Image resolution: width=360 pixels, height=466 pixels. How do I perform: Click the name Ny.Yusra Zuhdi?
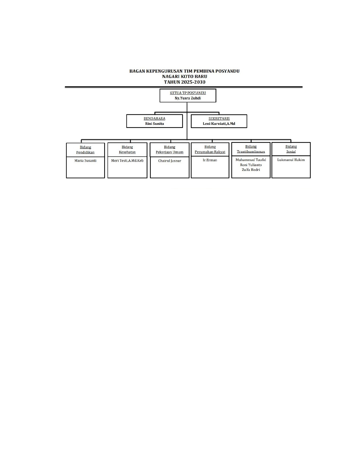coord(187,98)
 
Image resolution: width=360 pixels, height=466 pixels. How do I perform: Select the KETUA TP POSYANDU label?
coord(188,93)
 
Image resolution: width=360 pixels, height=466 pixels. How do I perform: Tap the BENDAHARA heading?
coord(154,119)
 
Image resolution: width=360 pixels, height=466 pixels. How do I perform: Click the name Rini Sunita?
coord(154,123)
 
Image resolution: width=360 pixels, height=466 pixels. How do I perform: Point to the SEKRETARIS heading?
coord(219,119)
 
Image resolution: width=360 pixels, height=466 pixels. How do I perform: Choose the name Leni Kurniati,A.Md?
coord(219,123)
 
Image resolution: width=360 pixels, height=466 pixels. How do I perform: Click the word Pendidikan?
coord(85,152)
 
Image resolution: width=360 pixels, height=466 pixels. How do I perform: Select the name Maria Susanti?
coord(85,160)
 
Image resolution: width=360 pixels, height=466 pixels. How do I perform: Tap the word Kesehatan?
coord(127,152)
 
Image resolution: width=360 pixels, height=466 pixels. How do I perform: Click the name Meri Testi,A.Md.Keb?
coord(127,160)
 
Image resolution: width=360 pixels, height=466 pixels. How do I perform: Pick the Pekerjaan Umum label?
coord(170,152)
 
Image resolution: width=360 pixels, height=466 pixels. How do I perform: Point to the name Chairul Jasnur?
coord(170,161)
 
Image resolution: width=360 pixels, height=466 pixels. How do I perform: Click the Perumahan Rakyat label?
coord(210,152)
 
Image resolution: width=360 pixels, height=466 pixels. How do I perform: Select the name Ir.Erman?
coord(210,160)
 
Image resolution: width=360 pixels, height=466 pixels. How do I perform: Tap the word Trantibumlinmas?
coord(251,151)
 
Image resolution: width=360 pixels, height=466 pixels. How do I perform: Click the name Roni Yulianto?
coord(251,165)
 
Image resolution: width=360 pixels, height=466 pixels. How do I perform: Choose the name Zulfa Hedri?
coord(251,170)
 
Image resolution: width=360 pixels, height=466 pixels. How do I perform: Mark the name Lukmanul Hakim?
coord(291,160)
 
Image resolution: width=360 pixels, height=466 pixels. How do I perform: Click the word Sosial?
coord(291,151)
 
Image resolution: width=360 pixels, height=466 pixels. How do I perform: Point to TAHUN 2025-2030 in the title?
coord(185,82)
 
